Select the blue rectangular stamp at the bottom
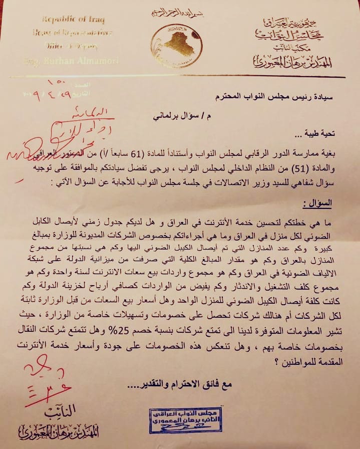pos(185,419)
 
